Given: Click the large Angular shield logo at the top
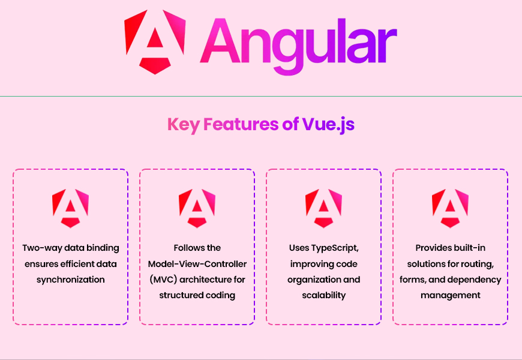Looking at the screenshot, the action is point(155,42).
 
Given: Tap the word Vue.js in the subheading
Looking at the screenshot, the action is point(328,125).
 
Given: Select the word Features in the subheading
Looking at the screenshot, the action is point(241,124).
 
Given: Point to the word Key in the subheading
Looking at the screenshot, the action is point(184,125).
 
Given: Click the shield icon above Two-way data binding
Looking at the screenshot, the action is point(71,208).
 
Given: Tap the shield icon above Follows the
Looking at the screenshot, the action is point(197,208).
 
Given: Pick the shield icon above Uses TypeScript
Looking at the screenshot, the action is point(323,208).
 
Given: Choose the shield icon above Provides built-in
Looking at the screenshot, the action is point(450,208).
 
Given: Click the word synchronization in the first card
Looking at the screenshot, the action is point(71,280).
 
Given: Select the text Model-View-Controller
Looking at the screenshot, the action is point(197,264).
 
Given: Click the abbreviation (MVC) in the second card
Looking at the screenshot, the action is point(163,280).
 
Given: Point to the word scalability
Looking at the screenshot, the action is point(323,295).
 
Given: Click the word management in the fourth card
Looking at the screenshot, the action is point(451,296).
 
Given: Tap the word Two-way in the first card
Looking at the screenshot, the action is point(42,248).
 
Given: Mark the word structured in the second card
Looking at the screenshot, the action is point(180,295).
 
